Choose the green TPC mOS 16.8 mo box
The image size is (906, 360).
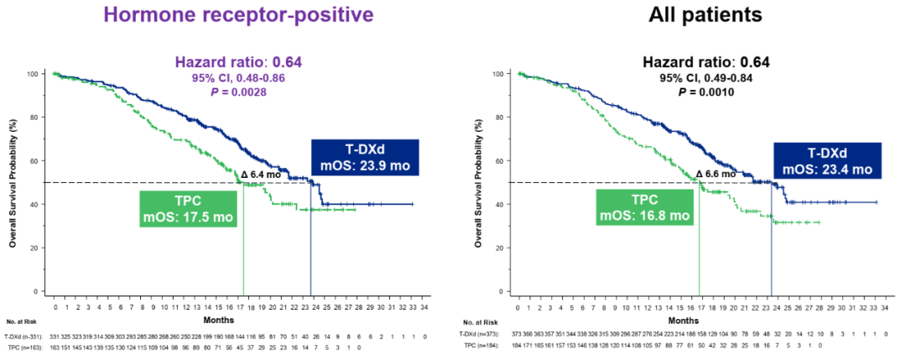tap(644, 207)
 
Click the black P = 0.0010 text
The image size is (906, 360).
tap(706, 91)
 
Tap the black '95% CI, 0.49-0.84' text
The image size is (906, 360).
tap(706, 79)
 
